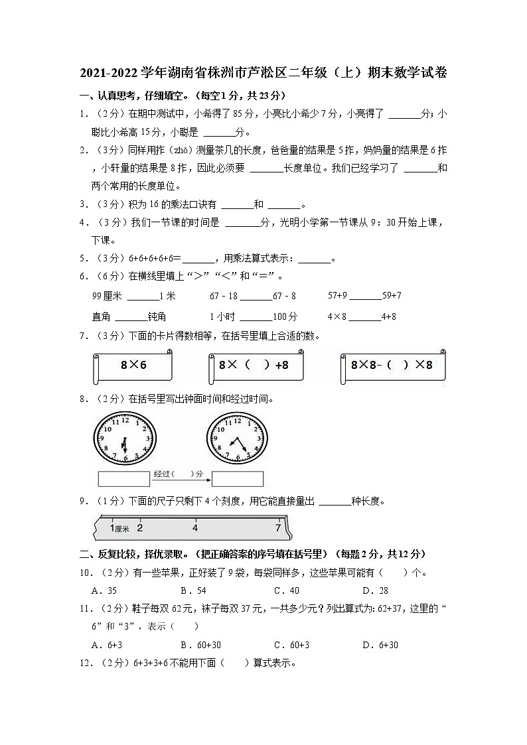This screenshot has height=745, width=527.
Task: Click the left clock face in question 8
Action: (x=124, y=439)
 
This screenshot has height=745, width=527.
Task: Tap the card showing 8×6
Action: (x=133, y=366)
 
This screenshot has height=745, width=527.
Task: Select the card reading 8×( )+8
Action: (x=257, y=366)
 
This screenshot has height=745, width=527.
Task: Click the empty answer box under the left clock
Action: (x=124, y=478)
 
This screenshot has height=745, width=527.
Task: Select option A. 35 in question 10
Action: (x=104, y=590)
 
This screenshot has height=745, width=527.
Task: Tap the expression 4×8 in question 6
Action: (x=337, y=316)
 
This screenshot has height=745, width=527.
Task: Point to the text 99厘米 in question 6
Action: (x=108, y=295)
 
